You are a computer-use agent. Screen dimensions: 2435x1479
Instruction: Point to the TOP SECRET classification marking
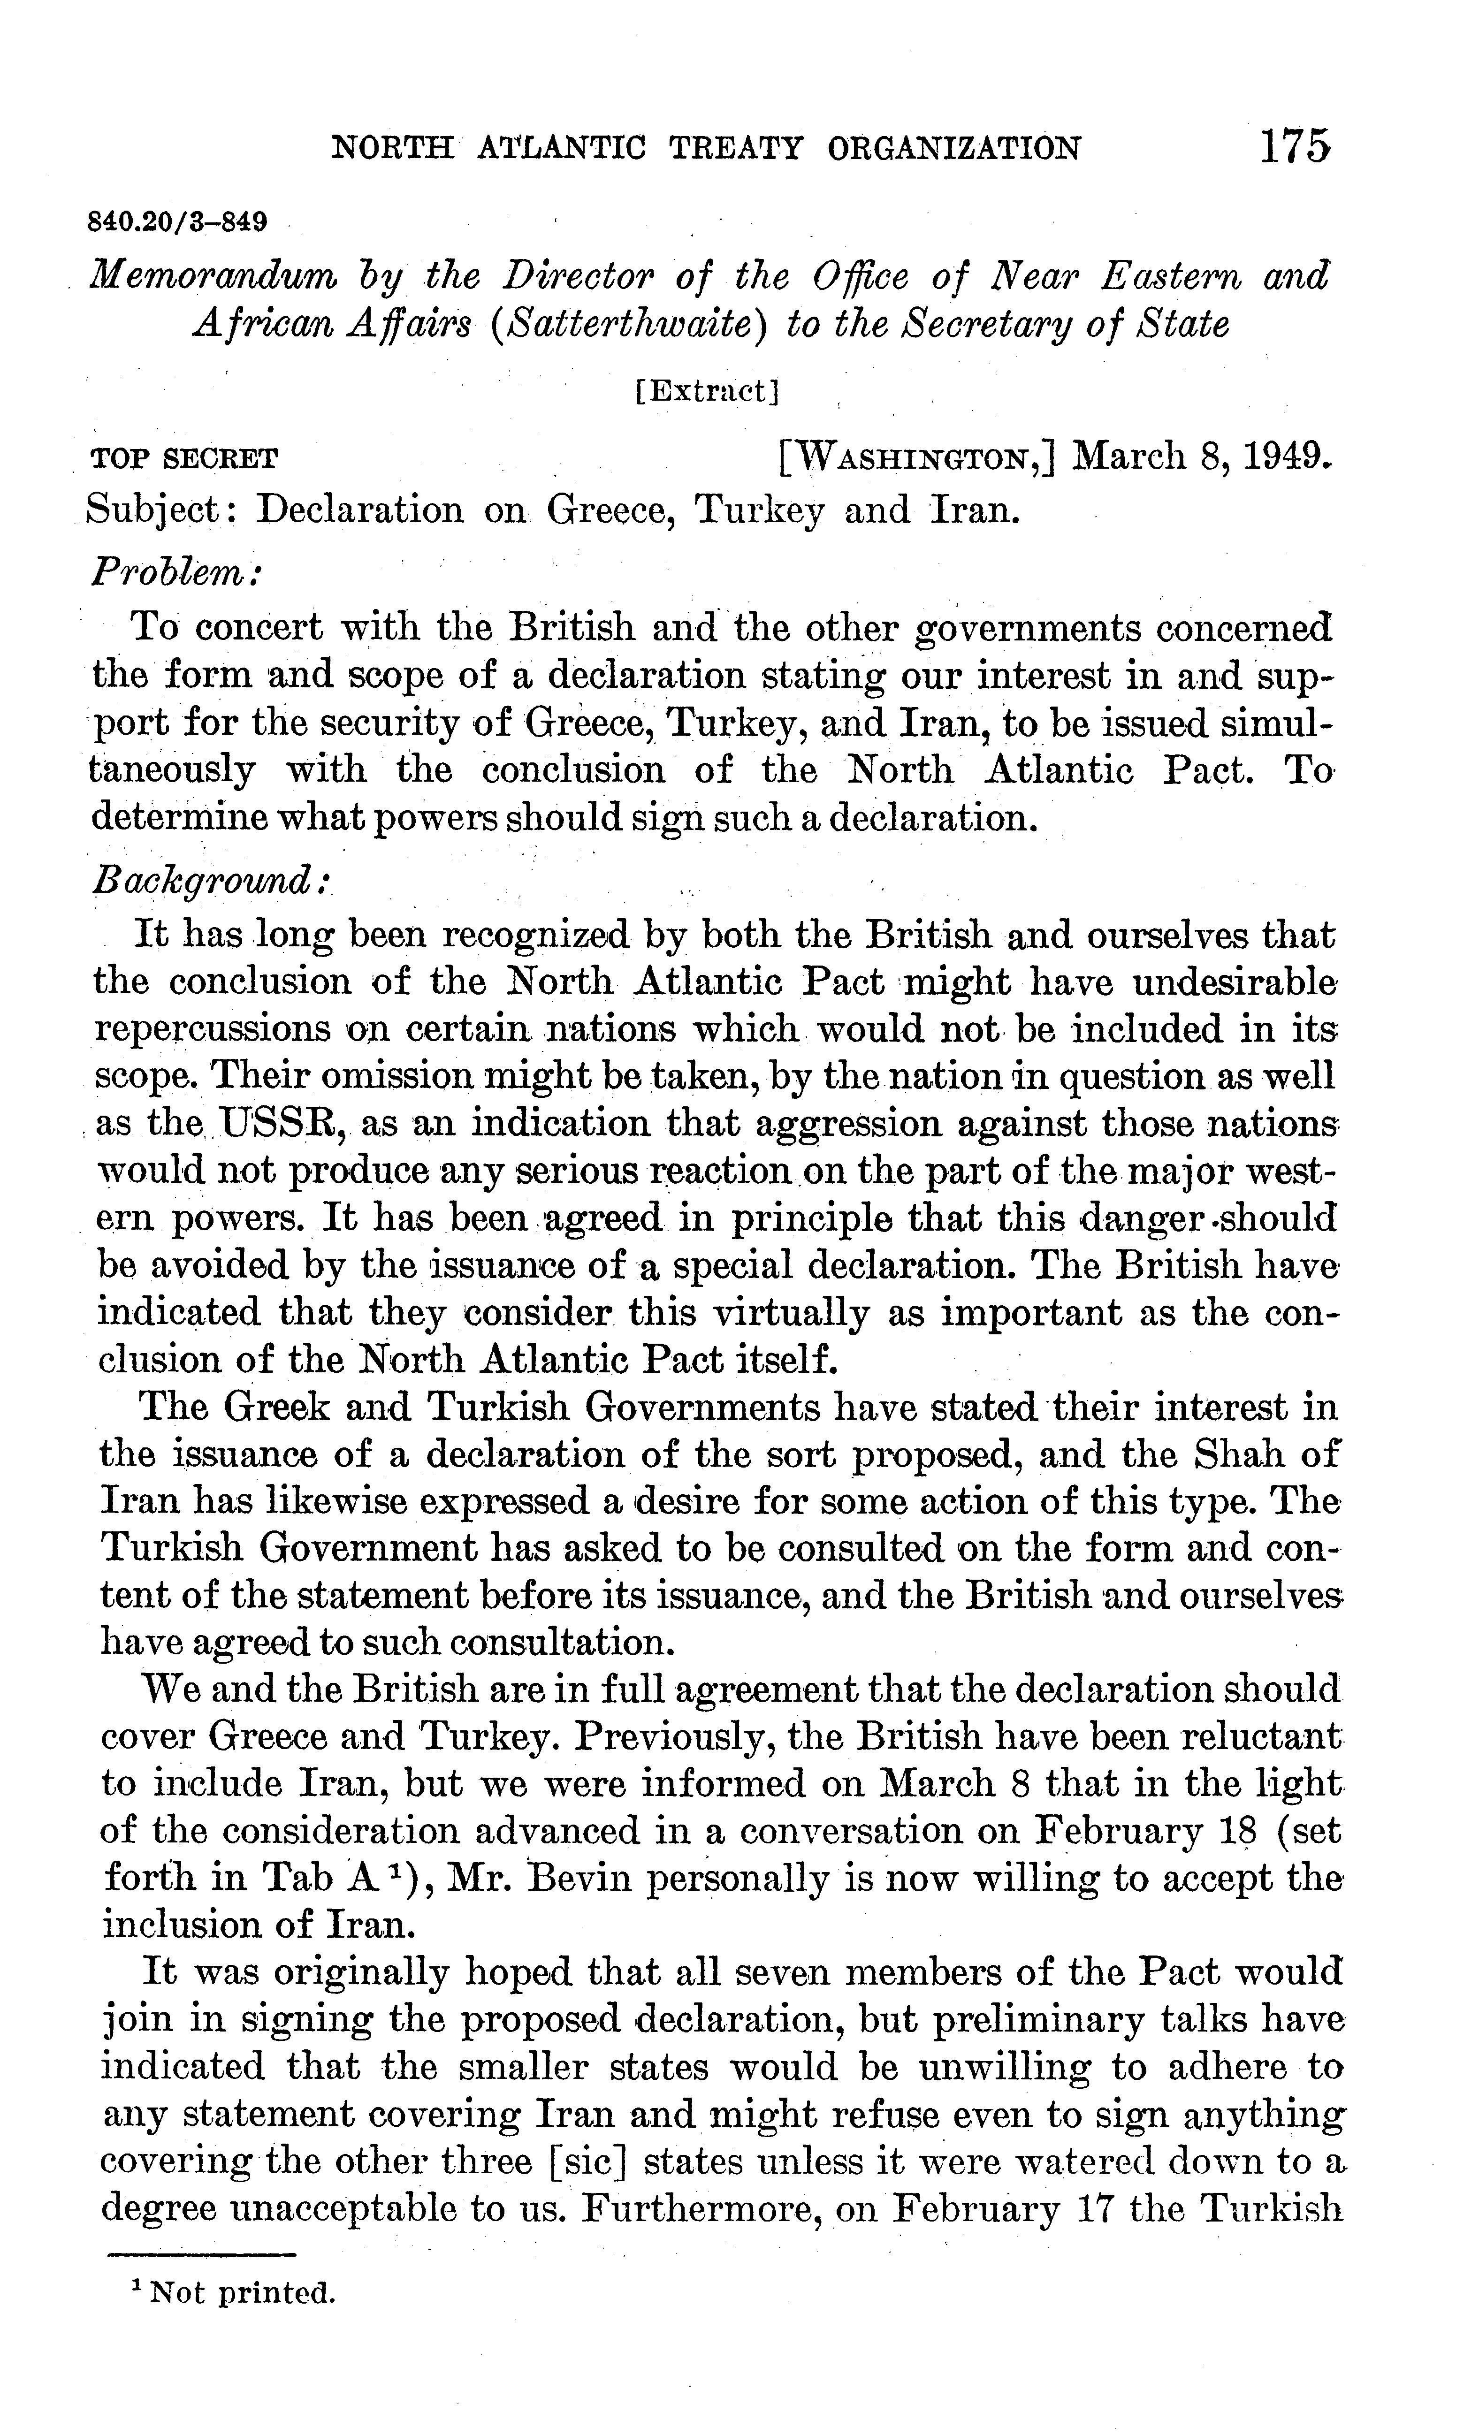184,458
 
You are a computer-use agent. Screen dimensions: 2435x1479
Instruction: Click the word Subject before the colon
158,510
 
